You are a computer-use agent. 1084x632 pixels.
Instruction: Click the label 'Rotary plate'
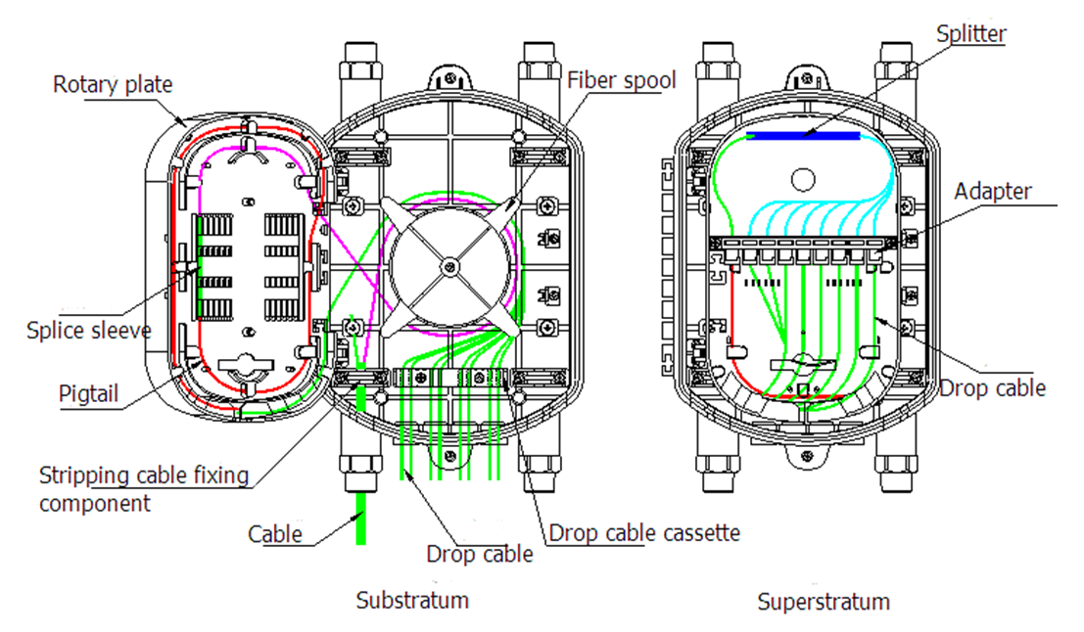tap(113, 84)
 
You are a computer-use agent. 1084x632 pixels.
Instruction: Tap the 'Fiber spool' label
tap(621, 80)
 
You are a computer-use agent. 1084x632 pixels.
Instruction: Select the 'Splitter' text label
tap(970, 33)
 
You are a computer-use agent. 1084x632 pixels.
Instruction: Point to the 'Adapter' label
tap(993, 191)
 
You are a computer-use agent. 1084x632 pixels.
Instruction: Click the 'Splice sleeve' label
tap(89, 330)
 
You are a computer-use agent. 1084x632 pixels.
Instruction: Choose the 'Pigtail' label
tap(87, 393)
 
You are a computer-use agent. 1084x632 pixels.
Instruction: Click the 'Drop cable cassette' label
tap(643, 533)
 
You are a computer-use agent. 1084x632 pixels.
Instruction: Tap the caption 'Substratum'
tap(412, 599)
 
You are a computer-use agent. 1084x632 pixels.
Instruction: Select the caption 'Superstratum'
tap(824, 601)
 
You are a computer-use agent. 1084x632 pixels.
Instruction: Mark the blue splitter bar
tap(802, 136)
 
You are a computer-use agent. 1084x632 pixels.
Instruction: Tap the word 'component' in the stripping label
tap(95, 504)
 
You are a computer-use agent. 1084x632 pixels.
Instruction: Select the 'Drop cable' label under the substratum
tap(479, 554)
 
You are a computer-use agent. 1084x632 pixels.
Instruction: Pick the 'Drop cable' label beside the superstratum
tap(992, 388)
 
